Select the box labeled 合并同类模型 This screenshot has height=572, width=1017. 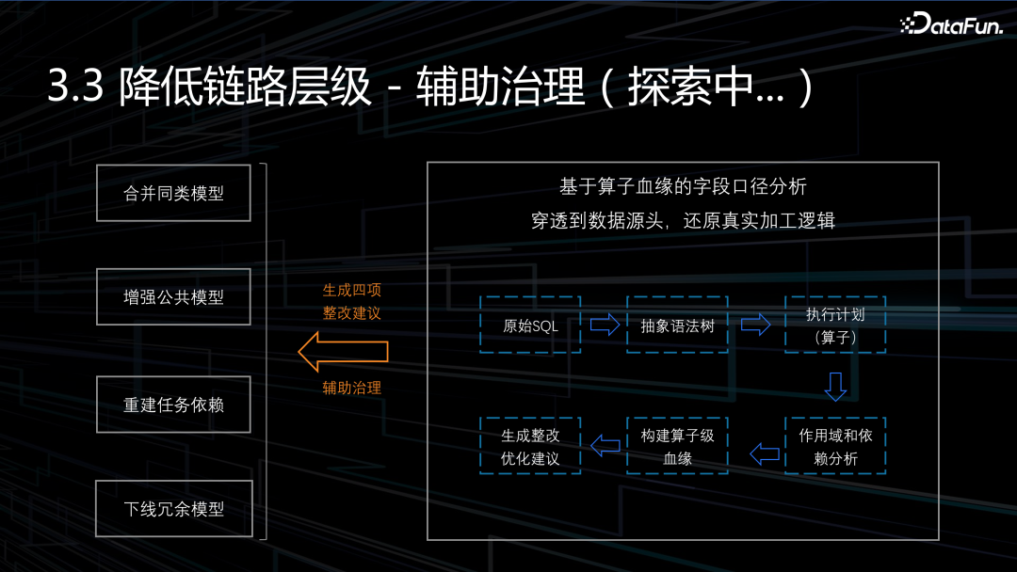[x=174, y=193]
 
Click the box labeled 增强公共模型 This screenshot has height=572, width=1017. [x=174, y=297]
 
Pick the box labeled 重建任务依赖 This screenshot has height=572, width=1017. [x=174, y=405]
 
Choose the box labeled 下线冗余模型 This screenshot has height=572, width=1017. [x=174, y=509]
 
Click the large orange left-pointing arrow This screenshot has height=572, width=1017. [x=343, y=351]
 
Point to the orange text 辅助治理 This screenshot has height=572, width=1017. [x=352, y=387]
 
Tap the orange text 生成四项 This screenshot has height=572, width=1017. [x=352, y=291]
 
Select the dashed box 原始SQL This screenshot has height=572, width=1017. [x=530, y=326]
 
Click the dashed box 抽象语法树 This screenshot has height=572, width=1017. [x=677, y=326]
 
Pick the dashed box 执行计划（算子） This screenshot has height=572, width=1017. [x=834, y=326]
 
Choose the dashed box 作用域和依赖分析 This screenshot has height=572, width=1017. [x=834, y=446]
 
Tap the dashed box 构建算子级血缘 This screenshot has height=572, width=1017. [x=677, y=446]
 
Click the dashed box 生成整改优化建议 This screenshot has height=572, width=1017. [x=530, y=446]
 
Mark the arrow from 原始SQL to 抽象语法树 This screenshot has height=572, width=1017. [x=605, y=326]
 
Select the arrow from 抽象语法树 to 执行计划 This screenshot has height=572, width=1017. [x=756, y=326]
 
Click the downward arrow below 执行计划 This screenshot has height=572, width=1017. [x=835, y=386]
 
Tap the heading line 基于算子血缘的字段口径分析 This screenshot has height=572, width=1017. [x=683, y=186]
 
